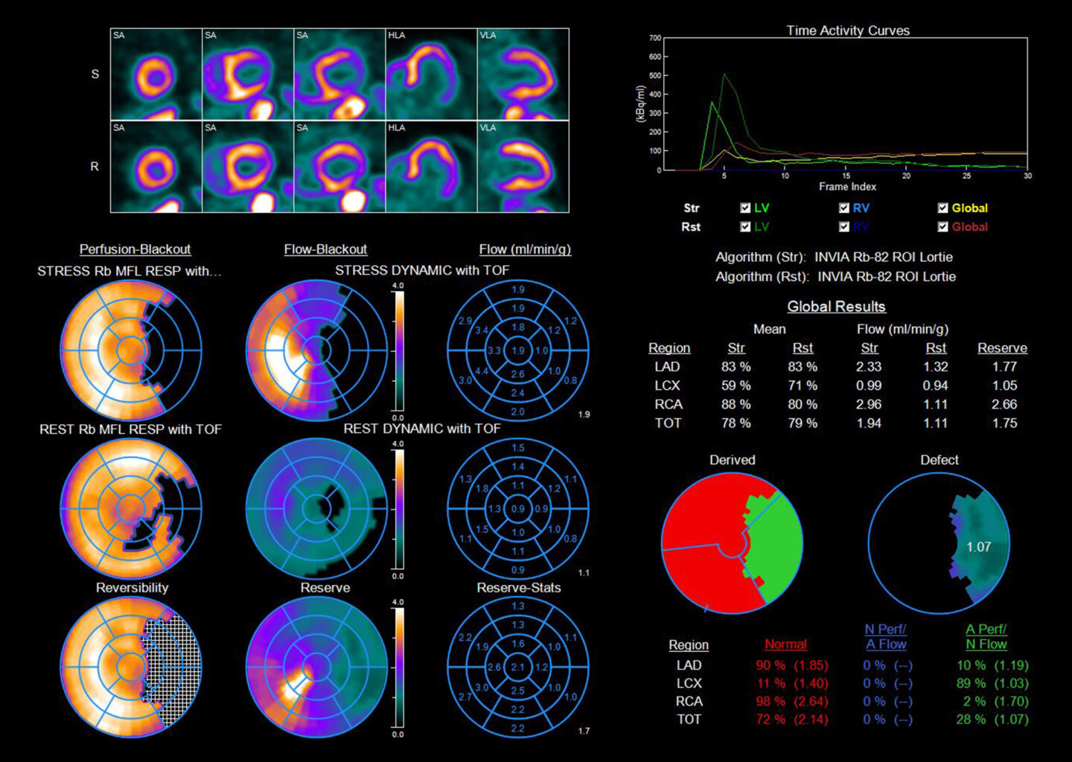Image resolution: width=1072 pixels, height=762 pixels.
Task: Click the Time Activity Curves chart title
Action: [x=848, y=31]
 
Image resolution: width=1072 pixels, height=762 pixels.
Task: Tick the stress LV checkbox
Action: [x=745, y=208]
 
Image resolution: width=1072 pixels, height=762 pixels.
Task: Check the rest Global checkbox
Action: [x=943, y=227]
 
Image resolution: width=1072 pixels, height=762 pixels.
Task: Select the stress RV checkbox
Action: [x=843, y=208]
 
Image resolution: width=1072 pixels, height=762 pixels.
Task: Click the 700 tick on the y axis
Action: [x=655, y=38]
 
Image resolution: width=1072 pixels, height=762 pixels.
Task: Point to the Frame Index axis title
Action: [x=847, y=187]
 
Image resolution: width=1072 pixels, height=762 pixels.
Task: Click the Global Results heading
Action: [x=836, y=307]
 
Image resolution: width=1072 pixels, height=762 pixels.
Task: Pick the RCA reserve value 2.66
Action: [x=1004, y=404]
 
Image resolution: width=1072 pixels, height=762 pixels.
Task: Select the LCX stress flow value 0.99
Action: [x=869, y=385]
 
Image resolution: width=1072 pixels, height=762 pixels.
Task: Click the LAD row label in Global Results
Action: [x=667, y=367]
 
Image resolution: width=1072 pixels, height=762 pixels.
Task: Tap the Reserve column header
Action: [x=1002, y=348]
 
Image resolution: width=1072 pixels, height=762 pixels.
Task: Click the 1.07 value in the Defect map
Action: [x=978, y=547]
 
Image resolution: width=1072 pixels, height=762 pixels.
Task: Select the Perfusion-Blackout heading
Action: [x=135, y=249]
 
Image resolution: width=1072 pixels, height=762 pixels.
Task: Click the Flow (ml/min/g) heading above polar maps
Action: [x=525, y=249]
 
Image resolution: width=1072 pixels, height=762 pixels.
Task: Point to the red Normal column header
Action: [x=785, y=644]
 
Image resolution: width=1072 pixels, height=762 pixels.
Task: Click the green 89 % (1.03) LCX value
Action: [x=992, y=683]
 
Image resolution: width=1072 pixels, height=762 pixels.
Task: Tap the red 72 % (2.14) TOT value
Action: [x=791, y=720]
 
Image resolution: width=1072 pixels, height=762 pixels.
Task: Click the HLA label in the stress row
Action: [x=396, y=35]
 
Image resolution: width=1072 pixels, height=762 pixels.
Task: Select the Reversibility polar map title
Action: [x=132, y=588]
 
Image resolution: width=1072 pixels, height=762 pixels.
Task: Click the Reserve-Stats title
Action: [x=519, y=588]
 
